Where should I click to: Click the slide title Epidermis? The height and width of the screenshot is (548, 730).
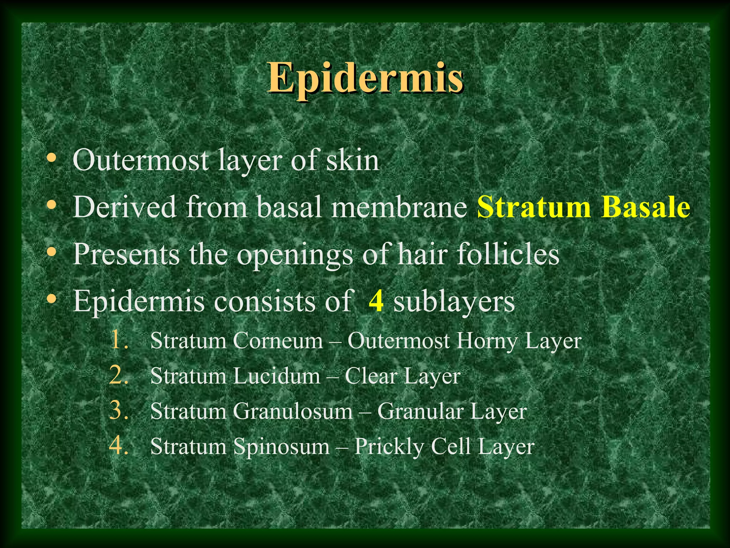(x=365, y=77)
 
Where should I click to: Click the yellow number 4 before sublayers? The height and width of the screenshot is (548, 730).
(x=376, y=301)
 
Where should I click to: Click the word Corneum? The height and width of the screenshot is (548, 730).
(x=278, y=341)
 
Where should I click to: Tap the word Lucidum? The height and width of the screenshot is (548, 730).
(x=277, y=376)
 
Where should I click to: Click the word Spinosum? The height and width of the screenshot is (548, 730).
(x=281, y=447)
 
